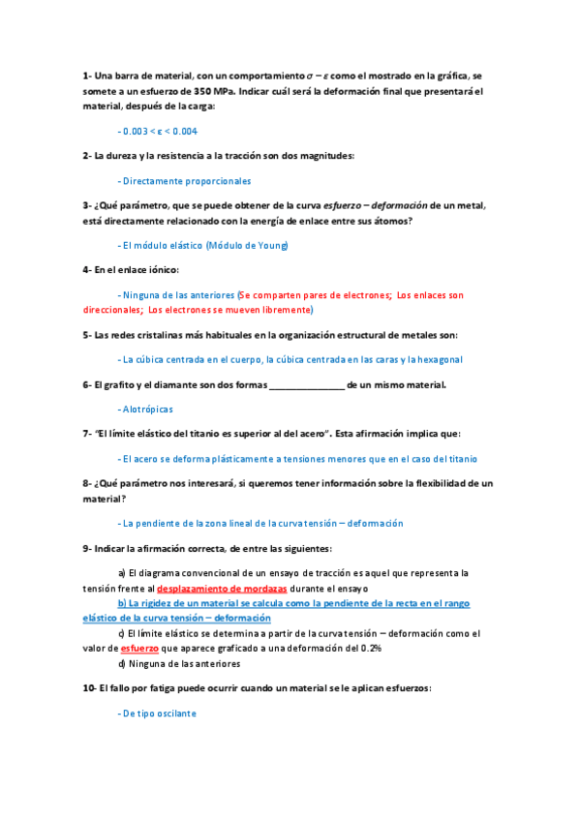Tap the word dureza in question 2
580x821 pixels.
click(129, 155)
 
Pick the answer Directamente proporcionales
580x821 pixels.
click(185, 180)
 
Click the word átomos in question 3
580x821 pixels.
click(391, 221)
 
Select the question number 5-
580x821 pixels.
click(87, 335)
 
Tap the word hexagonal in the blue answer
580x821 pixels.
click(438, 359)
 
